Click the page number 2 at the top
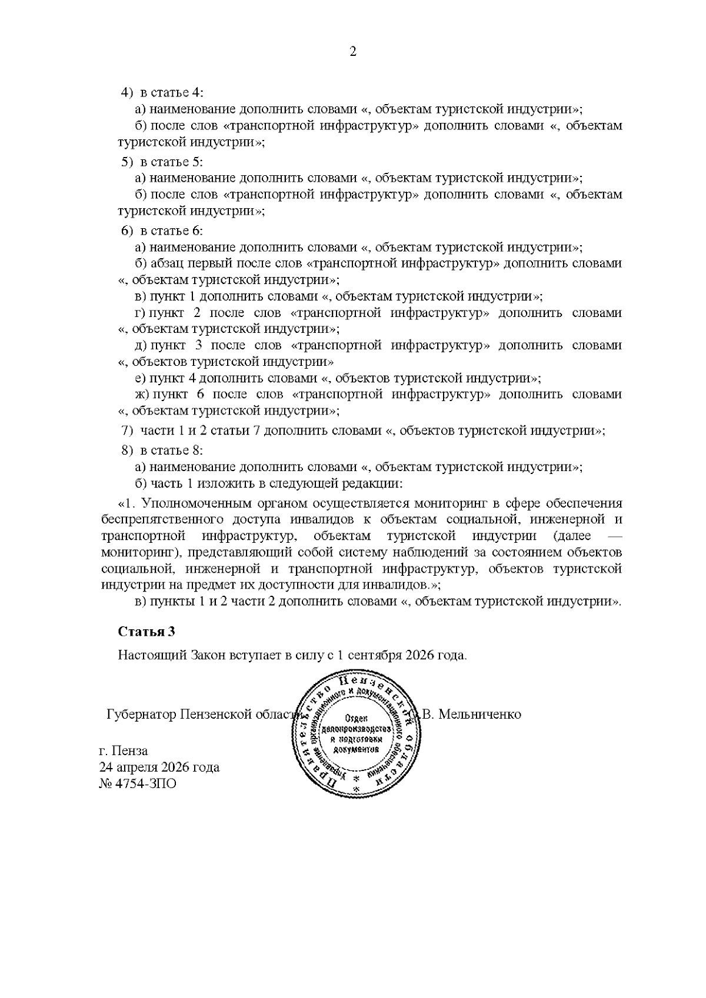point(353,52)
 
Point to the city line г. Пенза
point(124,751)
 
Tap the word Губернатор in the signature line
point(141,715)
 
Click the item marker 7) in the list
point(127,430)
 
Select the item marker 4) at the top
point(127,92)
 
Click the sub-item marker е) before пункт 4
point(141,378)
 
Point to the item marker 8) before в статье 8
point(127,450)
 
